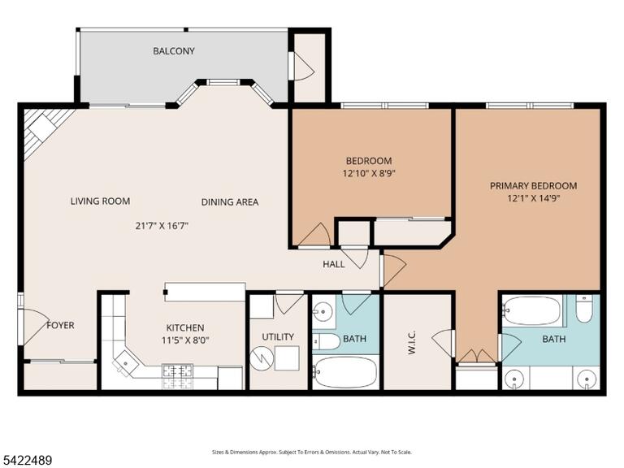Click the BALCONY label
174,51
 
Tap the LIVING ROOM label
100,201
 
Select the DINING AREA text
230,202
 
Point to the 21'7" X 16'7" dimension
162,226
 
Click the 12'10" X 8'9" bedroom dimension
369,174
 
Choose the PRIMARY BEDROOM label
533,185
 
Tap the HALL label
333,264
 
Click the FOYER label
60,325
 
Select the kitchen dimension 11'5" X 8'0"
185,340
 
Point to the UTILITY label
278,337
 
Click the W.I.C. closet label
411,342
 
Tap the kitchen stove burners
177,376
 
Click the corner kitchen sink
125,363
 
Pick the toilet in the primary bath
584,309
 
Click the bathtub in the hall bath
344,372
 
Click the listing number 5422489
26,461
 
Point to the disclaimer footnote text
312,452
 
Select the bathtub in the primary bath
532,310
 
